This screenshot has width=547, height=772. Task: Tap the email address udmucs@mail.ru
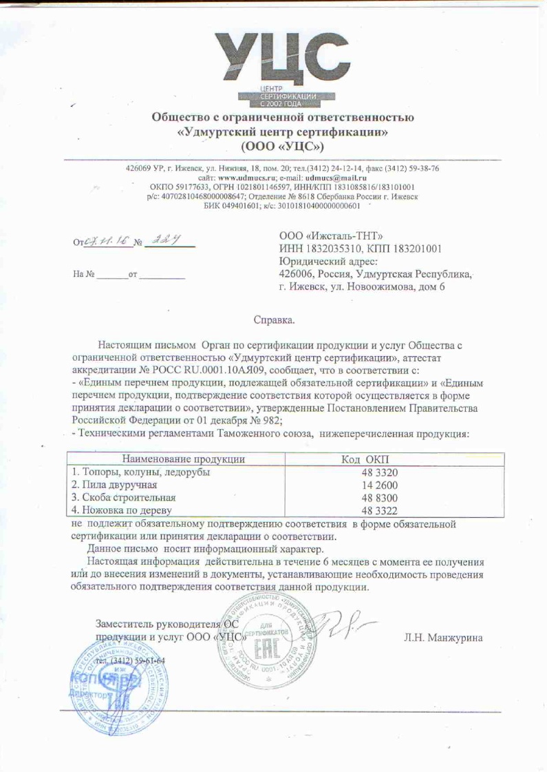[x=334, y=178]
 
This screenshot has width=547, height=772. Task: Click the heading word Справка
[x=274, y=320]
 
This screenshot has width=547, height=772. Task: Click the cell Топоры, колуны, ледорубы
[x=142, y=472]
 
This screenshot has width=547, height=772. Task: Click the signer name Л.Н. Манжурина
[x=443, y=637]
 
